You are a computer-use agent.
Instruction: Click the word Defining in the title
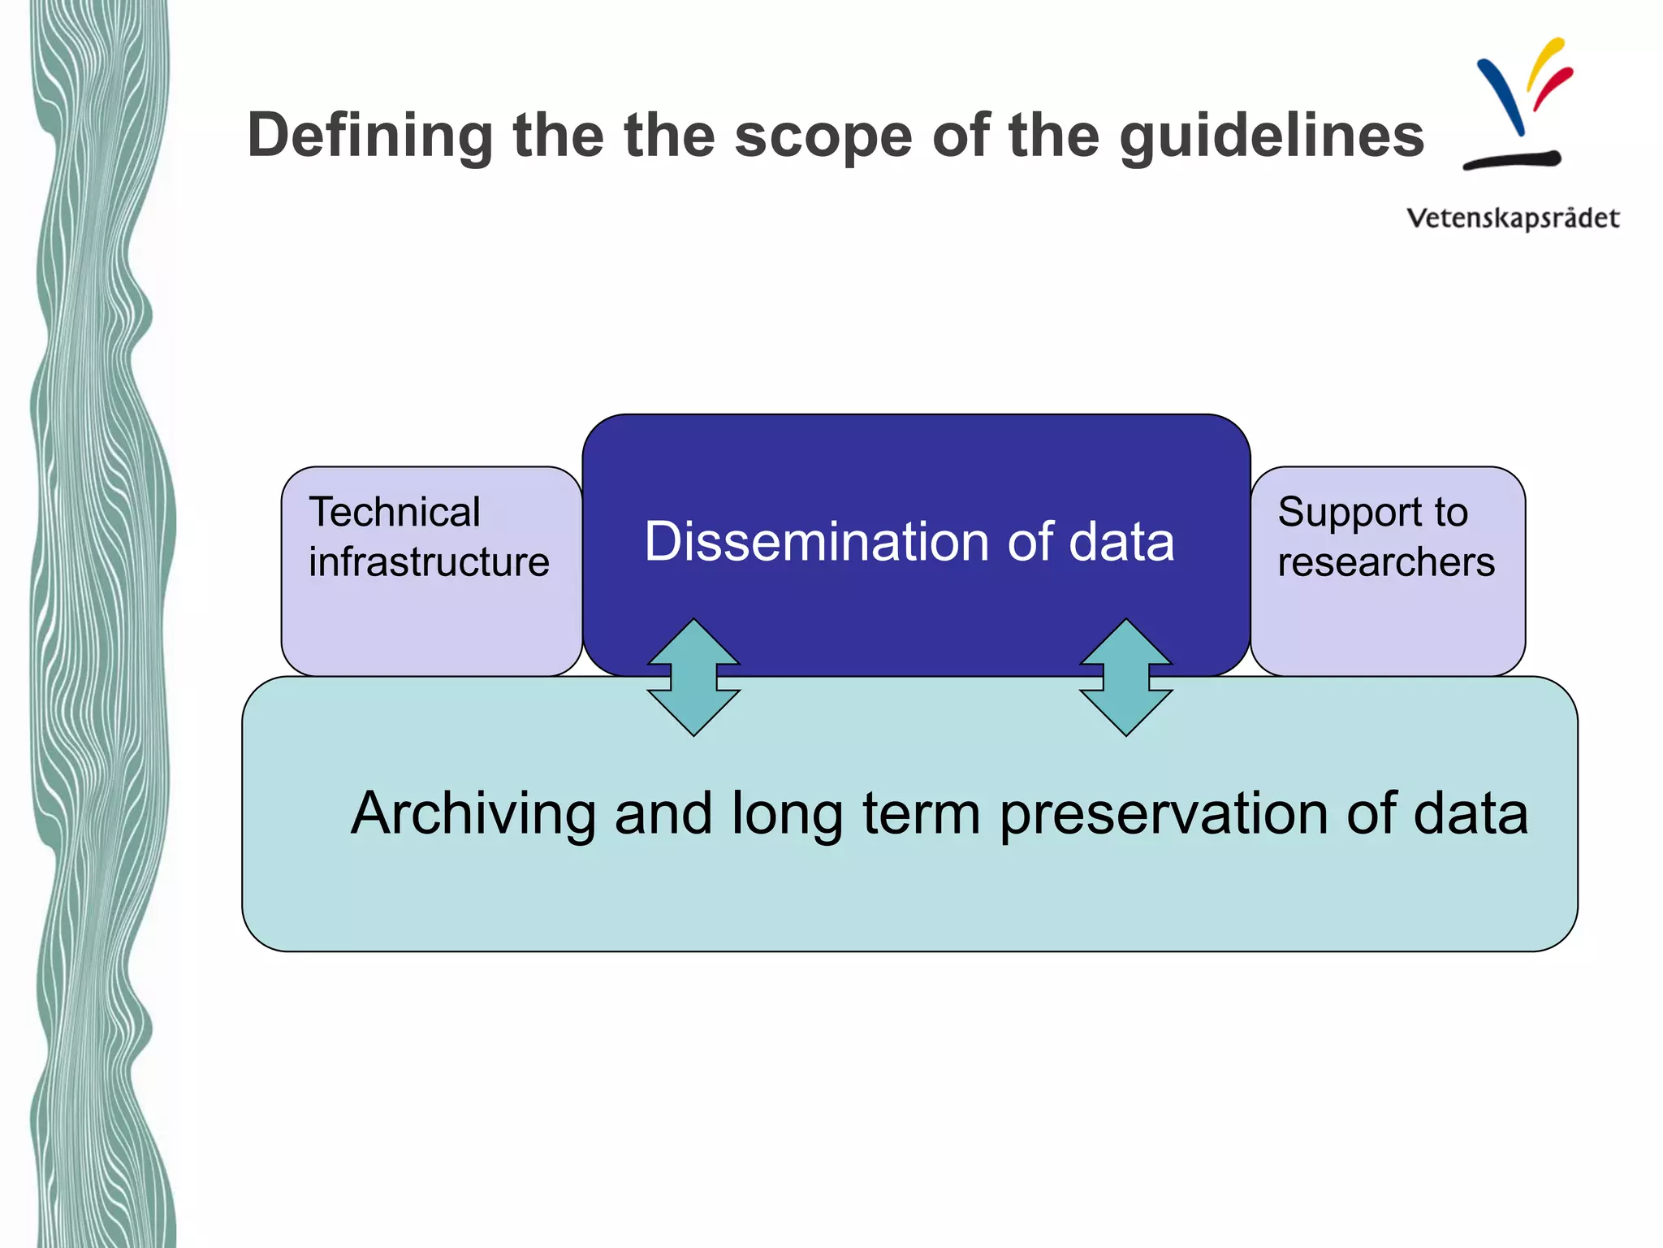tap(369, 136)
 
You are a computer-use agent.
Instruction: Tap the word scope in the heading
tap(822, 136)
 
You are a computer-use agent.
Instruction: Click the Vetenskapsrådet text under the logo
tap(1513, 219)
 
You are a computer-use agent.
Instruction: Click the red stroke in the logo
tap(1553, 88)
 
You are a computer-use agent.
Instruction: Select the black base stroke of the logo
tap(1511, 160)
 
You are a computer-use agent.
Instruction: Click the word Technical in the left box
tap(395, 513)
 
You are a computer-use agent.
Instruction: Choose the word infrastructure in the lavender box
tap(429, 562)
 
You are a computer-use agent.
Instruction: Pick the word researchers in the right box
tap(1386, 562)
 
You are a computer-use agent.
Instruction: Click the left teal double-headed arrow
tap(693, 678)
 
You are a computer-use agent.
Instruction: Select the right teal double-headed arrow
tap(1125, 678)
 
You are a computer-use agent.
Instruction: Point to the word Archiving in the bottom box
tap(473, 813)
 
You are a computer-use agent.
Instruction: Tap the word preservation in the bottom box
tap(1163, 813)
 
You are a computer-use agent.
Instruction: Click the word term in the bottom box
tap(921, 813)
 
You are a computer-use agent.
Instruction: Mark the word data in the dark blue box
tap(1121, 542)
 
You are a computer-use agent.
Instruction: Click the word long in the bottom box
tap(786, 815)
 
